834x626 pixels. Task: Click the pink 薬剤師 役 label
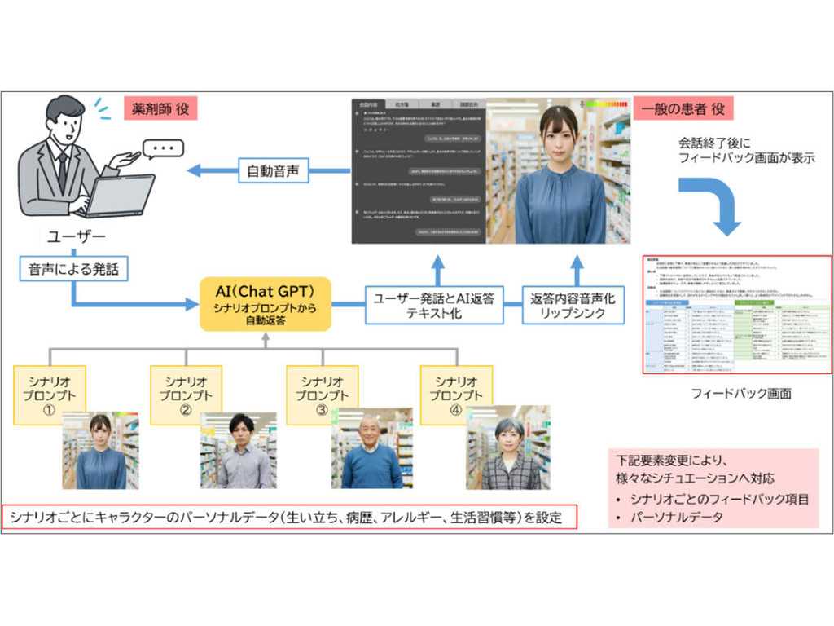[160, 108]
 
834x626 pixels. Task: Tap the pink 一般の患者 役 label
[683, 108]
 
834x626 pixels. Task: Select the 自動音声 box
[273, 172]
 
